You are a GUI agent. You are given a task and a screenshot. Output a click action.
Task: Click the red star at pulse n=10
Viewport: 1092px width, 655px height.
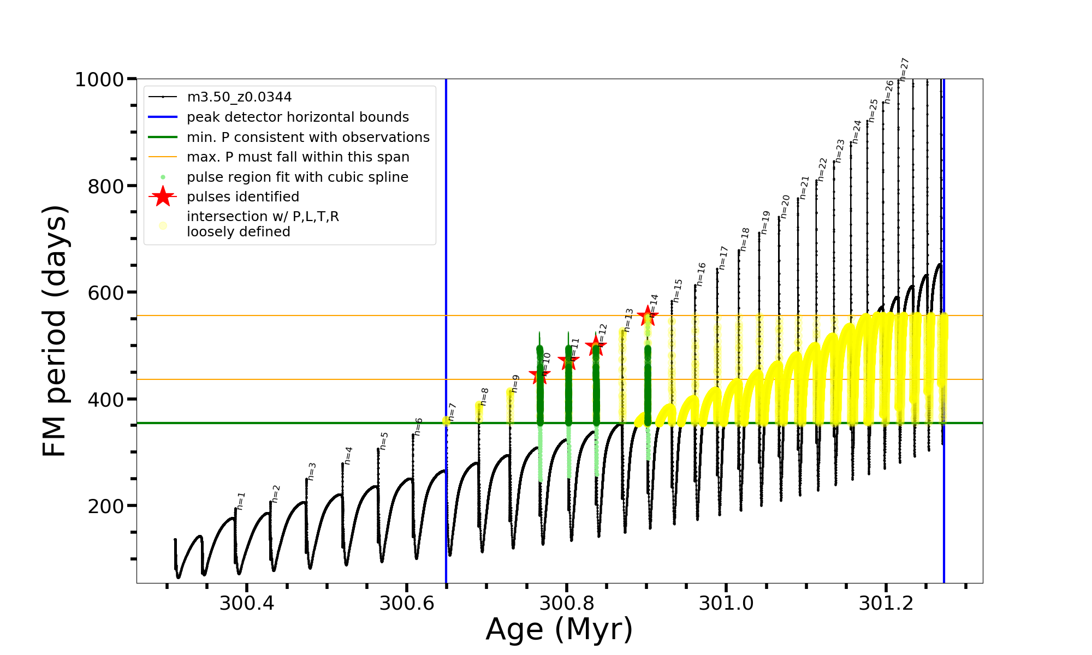[540, 374]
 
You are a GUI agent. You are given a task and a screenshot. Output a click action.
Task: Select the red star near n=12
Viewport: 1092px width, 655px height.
[596, 345]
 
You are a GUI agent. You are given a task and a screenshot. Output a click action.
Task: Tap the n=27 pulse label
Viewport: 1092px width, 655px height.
[904, 69]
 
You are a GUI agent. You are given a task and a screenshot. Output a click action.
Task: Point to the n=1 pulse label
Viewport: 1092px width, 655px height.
[241, 501]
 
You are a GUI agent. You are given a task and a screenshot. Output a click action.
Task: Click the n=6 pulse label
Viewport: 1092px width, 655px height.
[418, 426]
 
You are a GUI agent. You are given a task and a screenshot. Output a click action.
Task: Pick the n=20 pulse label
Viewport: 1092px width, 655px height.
[785, 207]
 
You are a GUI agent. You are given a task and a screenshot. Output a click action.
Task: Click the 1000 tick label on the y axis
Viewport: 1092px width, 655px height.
[99, 80]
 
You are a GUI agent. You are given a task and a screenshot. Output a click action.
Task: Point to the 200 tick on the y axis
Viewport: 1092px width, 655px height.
[105, 506]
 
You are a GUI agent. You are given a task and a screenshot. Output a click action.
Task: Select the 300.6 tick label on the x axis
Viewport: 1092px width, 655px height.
[407, 604]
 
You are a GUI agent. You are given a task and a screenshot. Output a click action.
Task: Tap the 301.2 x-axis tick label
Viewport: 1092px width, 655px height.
[886, 604]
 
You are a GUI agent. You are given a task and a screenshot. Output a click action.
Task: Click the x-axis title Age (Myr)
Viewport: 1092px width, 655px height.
[559, 629]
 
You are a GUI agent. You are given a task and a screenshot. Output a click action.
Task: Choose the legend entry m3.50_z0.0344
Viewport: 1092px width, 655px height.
[239, 97]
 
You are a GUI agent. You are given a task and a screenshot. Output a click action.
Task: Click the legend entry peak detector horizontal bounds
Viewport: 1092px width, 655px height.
[298, 117]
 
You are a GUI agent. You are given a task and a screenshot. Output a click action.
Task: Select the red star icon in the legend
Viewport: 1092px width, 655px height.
[163, 196]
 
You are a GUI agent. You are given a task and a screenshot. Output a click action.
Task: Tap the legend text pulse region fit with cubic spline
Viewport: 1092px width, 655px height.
[298, 177]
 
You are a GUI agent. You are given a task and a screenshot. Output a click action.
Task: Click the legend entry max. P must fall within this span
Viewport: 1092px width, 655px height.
[298, 157]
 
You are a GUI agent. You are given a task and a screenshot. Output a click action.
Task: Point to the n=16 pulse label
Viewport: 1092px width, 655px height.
[701, 274]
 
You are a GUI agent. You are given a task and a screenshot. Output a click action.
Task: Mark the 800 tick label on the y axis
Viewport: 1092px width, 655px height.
[105, 186]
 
